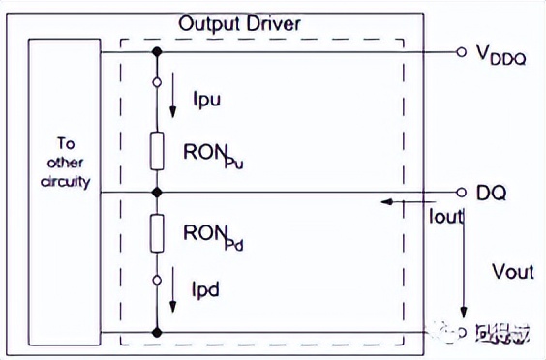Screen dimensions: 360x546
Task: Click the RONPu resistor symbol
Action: (155, 150)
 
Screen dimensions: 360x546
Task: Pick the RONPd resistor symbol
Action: (155, 233)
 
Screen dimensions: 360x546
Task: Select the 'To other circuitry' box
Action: (65, 191)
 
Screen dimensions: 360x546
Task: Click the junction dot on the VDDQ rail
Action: (155, 52)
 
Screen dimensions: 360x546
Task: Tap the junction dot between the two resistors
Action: (155, 192)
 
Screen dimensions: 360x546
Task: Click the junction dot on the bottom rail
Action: (155, 332)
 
